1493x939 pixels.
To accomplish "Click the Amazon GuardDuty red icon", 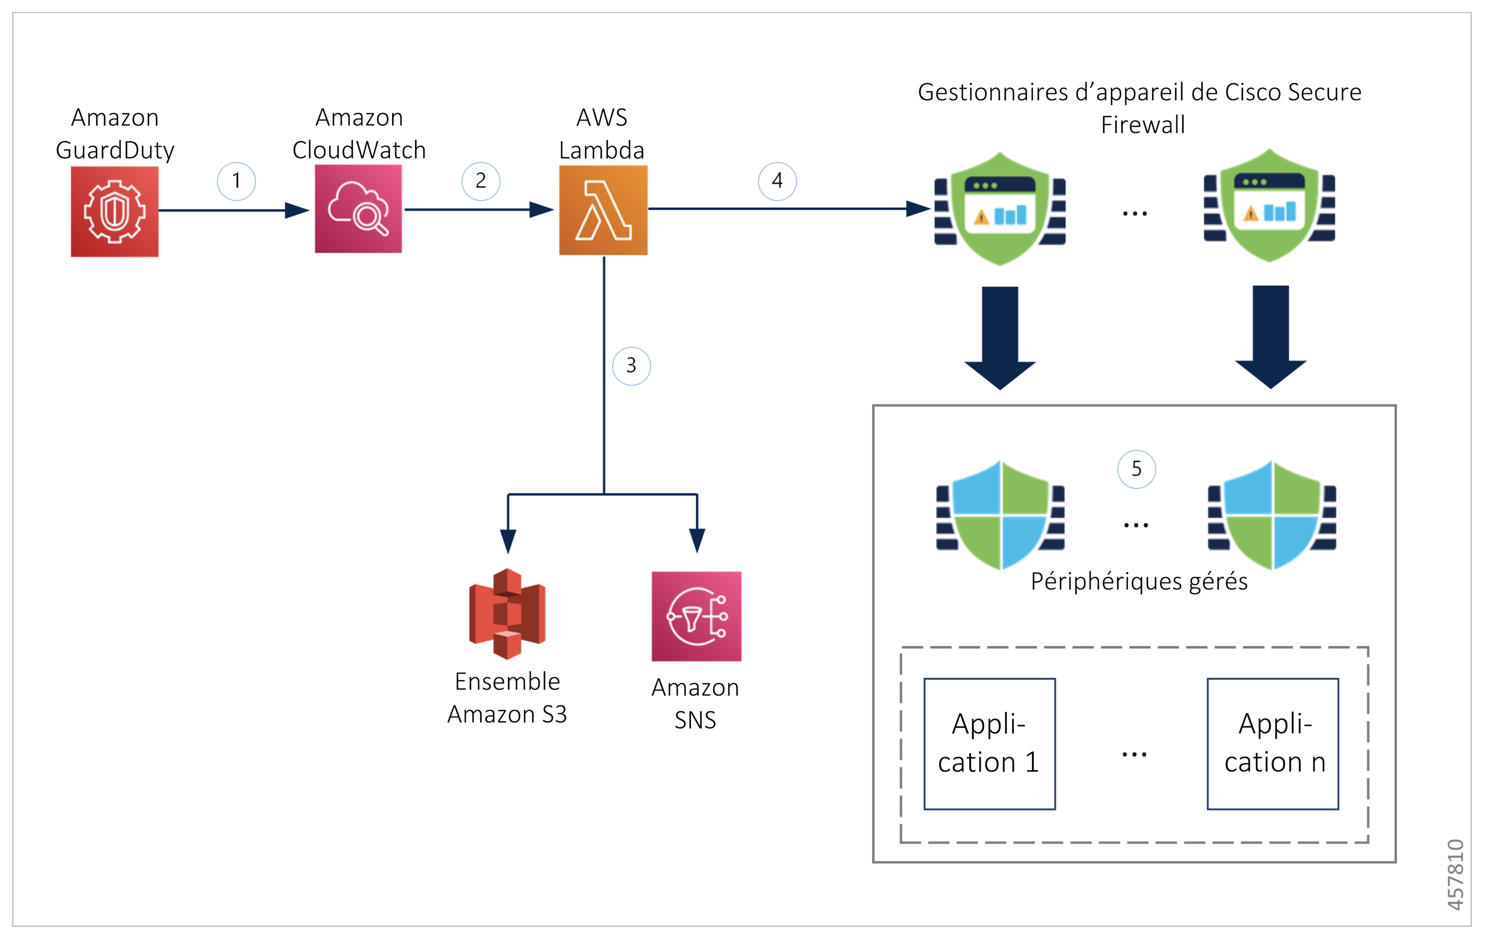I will pos(115,211).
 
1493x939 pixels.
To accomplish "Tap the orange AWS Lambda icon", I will pos(603,210).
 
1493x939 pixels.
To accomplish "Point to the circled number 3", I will pos(631,366).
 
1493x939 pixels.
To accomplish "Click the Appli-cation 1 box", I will pos(990,744).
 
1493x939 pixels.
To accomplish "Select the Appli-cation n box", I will pos(1273,744).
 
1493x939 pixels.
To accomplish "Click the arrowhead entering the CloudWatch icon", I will pos(298,210).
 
